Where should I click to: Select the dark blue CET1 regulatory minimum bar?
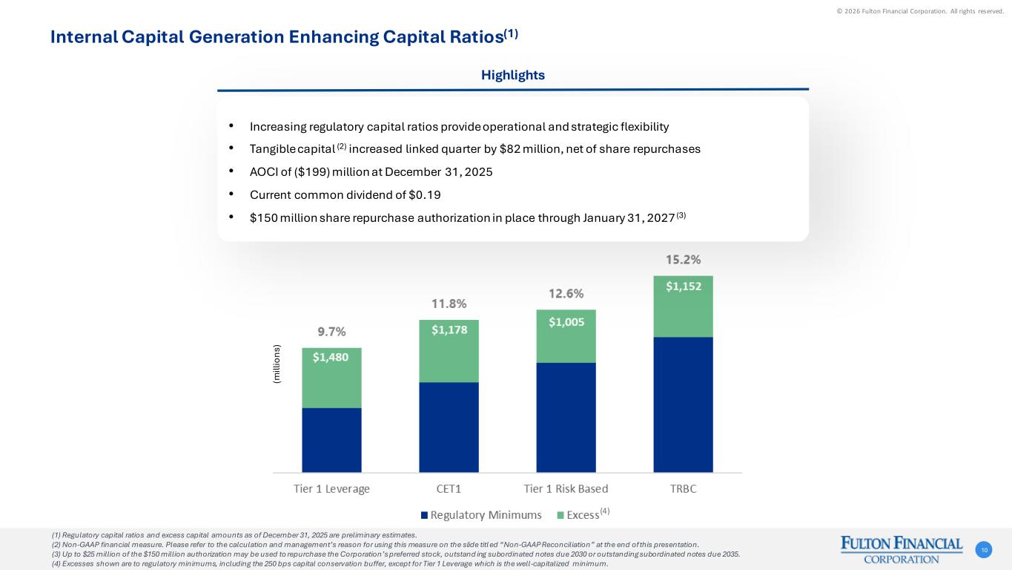pos(449,427)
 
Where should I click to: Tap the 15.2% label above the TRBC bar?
pos(683,260)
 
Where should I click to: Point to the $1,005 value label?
pos(566,322)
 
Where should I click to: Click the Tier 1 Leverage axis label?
pos(331,488)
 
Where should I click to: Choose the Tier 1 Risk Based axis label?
pos(566,488)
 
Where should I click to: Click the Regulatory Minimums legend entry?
pos(481,515)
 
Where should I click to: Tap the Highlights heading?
pos(512,75)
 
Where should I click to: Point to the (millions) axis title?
pos(277,363)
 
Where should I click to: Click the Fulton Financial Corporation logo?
pos(901,550)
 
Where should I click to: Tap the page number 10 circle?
pos(984,550)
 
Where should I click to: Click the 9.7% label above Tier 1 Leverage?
pos(331,332)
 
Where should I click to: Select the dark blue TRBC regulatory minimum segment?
pos(683,404)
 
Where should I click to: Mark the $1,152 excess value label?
pos(683,286)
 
